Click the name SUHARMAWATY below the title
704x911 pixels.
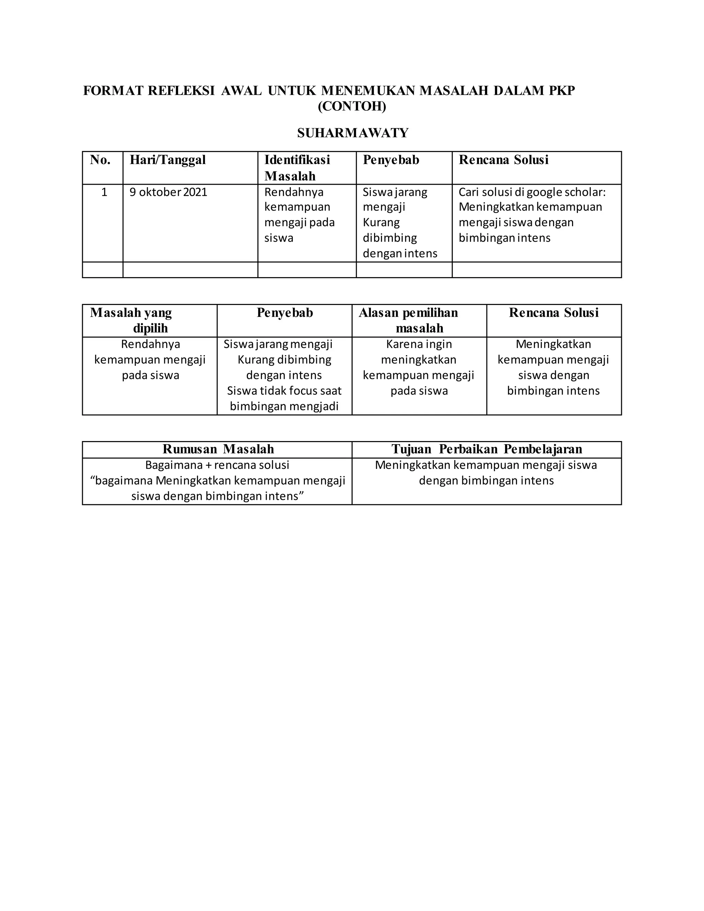pos(352,133)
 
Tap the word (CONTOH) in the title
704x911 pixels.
pos(352,107)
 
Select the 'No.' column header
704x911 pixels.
pos(100,160)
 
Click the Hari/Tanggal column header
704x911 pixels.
pos(168,160)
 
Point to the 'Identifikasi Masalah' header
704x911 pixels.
pos(297,168)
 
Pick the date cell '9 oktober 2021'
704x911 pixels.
pos(168,192)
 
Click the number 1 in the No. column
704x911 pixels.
pos(104,192)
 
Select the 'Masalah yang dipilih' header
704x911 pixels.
pos(131,320)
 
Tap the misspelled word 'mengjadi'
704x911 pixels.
pos(320,406)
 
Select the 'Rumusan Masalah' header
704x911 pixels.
pos(218,449)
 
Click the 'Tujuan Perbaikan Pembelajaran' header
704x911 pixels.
pos(487,449)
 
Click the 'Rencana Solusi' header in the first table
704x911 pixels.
pos(503,160)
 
